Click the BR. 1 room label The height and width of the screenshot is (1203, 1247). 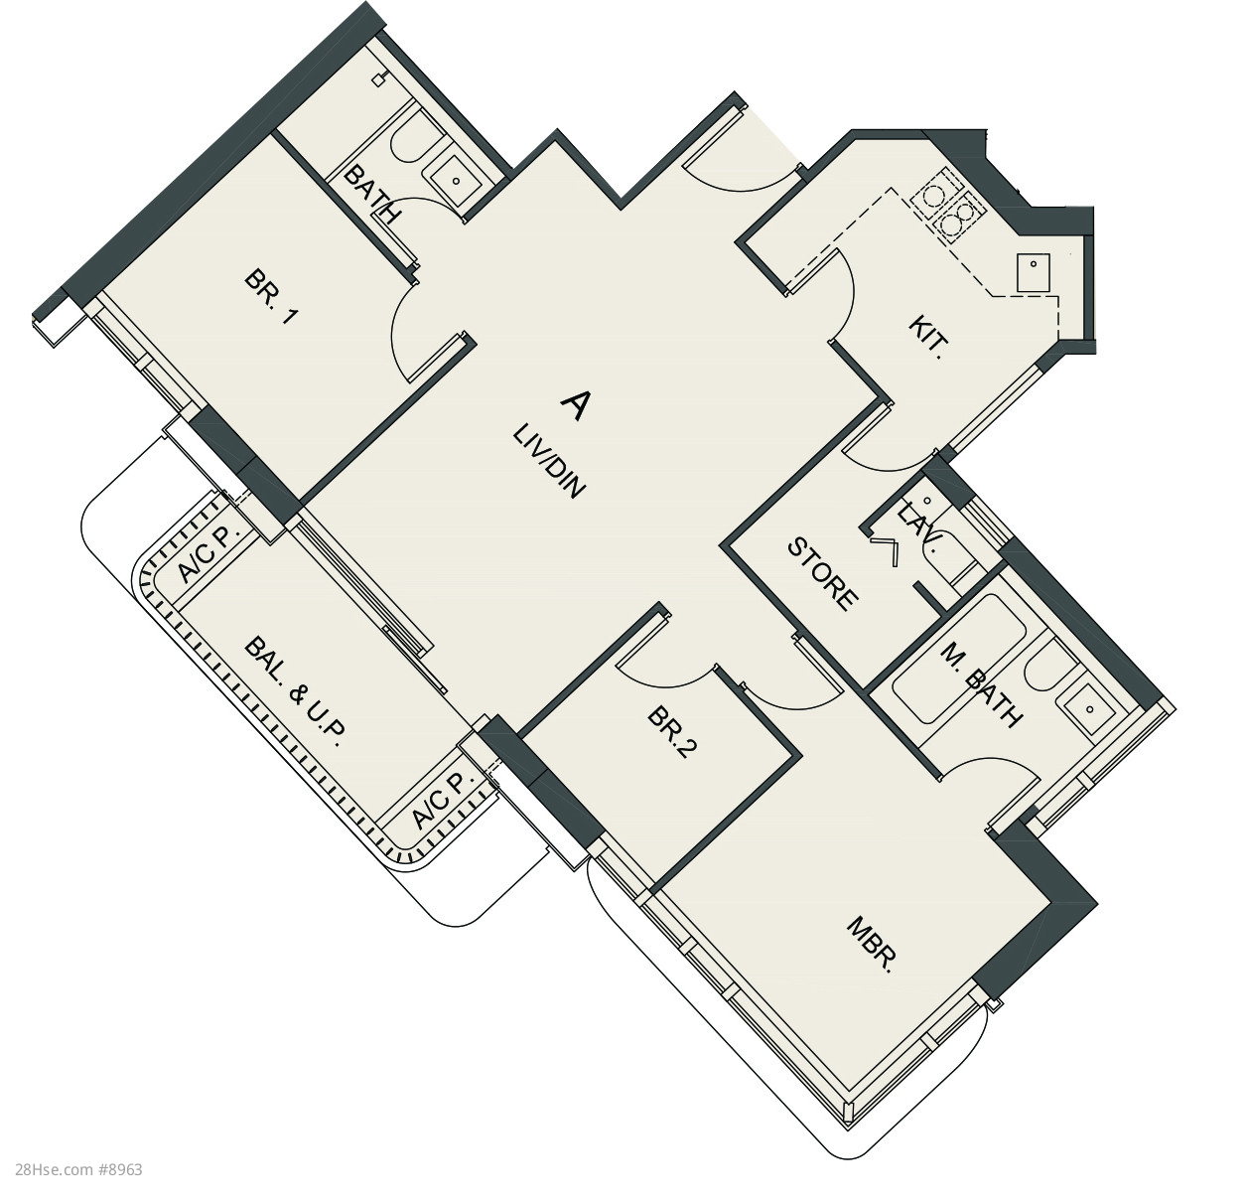pyautogui.click(x=271, y=298)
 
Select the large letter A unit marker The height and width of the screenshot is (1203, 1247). pyautogui.click(x=575, y=406)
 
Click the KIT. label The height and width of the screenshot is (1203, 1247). pyautogui.click(x=927, y=338)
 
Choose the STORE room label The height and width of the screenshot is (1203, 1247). pyautogui.click(x=822, y=574)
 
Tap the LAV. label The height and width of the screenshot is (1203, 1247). pyautogui.click(x=921, y=527)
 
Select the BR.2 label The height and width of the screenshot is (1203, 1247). pyautogui.click(x=672, y=733)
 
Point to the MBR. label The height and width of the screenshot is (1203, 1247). pyautogui.click(x=870, y=946)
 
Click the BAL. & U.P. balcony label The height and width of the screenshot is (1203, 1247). pyautogui.click(x=295, y=692)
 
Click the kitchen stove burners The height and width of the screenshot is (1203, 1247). pyautogui.click(x=944, y=207)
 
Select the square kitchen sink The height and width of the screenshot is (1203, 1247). pyautogui.click(x=1033, y=273)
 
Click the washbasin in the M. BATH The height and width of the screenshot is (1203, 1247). pyautogui.click(x=1089, y=708)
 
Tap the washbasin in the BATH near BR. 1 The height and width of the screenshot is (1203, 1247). pyautogui.click(x=456, y=181)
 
